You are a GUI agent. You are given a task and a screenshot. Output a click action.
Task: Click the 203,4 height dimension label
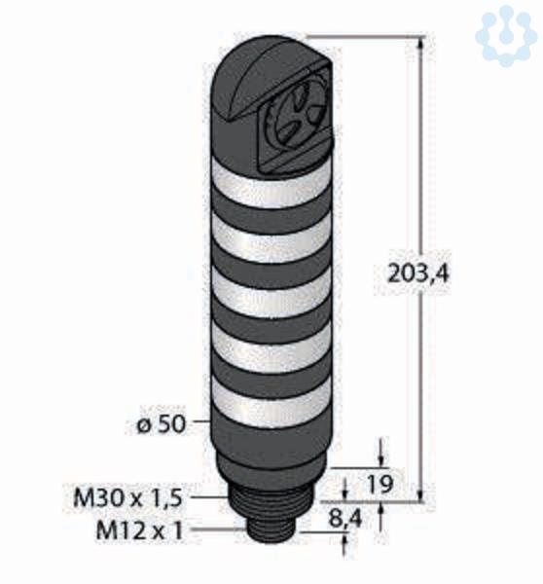coord(418,274)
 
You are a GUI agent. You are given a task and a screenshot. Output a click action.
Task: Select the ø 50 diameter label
coord(161,423)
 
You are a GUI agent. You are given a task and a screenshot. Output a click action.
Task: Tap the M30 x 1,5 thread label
coord(127,497)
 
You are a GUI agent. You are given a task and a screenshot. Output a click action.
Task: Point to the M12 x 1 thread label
coord(140,530)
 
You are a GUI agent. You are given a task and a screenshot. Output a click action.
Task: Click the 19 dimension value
coord(380,484)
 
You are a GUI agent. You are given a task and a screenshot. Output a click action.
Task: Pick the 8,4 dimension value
coord(344,518)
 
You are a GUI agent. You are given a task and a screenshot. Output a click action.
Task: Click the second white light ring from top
coord(271,237)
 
